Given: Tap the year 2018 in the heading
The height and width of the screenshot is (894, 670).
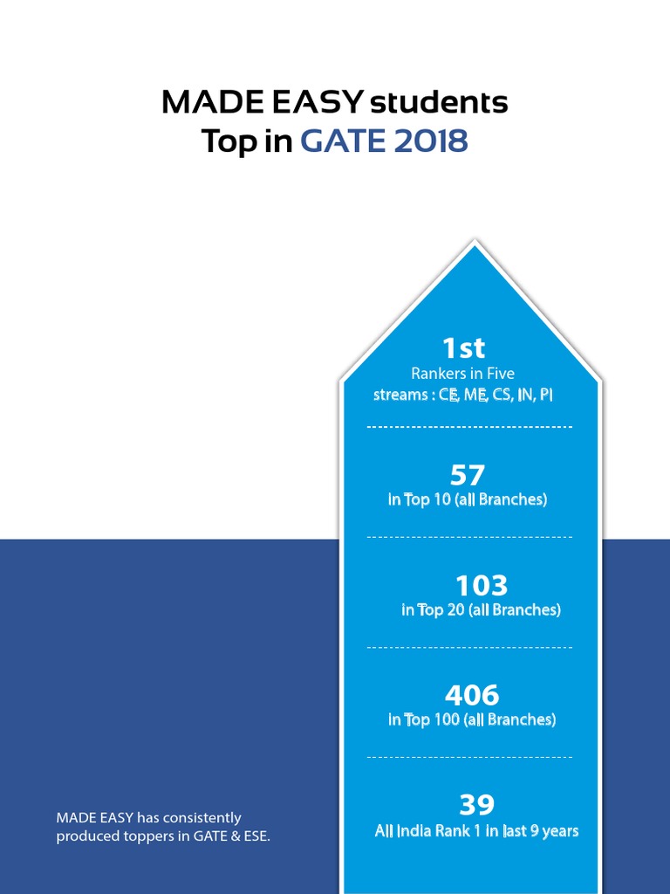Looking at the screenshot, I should pyautogui.click(x=431, y=141).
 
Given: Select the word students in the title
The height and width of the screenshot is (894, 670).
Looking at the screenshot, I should pyautogui.click(x=439, y=103).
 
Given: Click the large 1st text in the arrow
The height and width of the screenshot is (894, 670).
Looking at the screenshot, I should pyautogui.click(x=463, y=348).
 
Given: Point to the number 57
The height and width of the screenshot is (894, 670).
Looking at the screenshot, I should pyautogui.click(x=468, y=475).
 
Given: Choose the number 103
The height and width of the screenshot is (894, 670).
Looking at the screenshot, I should pyautogui.click(x=481, y=585).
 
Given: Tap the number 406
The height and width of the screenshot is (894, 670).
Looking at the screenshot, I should pyautogui.click(x=472, y=695).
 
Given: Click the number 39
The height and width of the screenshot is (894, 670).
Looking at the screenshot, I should pyautogui.click(x=476, y=804).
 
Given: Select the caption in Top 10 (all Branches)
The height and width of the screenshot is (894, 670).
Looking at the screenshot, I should pyautogui.click(x=468, y=500).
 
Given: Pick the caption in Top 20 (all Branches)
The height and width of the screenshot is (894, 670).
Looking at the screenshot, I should pyautogui.click(x=481, y=610).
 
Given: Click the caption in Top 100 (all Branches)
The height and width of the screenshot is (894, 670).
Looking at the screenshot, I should pyautogui.click(x=472, y=720).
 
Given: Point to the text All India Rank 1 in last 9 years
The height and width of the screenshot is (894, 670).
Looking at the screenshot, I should pyautogui.click(x=476, y=831).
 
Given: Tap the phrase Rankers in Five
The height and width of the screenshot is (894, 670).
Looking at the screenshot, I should pyautogui.click(x=463, y=374).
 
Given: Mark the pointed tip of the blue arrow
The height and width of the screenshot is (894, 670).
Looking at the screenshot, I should pyautogui.click(x=474, y=245).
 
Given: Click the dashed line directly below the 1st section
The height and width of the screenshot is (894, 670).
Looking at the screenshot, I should pyautogui.click(x=469, y=427).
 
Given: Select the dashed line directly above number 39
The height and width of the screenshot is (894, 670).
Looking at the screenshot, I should pyautogui.click(x=469, y=757).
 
